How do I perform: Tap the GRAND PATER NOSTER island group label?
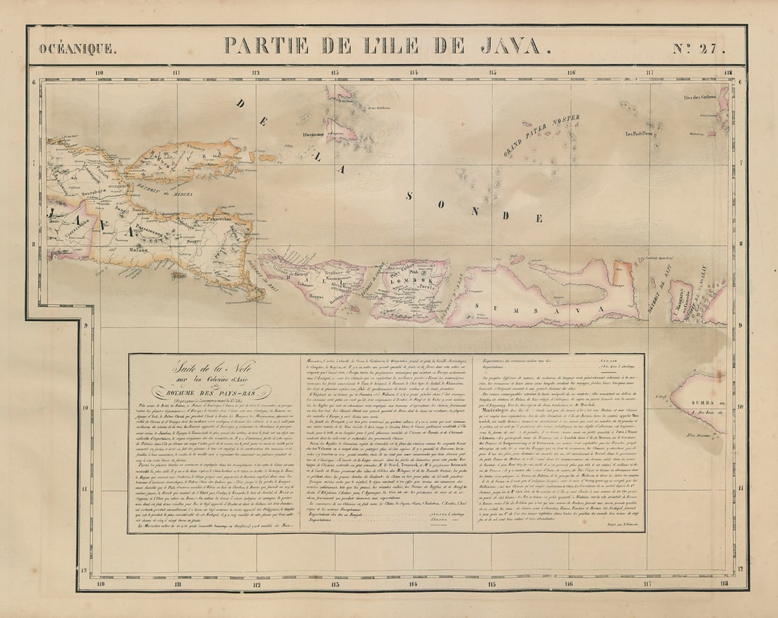(542, 136)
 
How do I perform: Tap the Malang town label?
(138, 250)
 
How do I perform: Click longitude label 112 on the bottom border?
(256, 584)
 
